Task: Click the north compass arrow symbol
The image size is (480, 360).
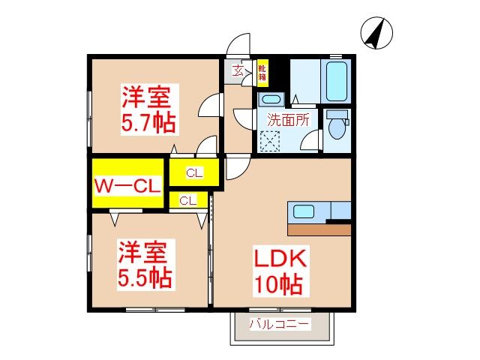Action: coord(374,33)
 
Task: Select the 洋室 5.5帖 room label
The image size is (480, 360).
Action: coord(145,265)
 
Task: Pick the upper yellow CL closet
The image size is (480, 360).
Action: coord(194,173)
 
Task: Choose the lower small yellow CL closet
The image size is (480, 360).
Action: coord(187,200)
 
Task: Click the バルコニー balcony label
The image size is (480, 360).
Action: coord(280,325)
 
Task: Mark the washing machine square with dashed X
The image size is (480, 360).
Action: coord(269,140)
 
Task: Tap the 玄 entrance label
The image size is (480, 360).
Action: coord(237,72)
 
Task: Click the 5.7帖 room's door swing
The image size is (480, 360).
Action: coord(211,107)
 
